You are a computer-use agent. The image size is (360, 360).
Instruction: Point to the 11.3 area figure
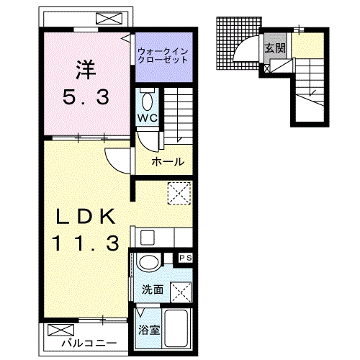(x=84, y=244)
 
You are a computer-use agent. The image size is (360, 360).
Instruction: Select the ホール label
(x=167, y=162)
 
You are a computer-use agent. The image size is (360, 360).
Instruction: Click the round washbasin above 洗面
(x=150, y=263)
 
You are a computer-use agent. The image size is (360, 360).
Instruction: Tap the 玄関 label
(x=274, y=49)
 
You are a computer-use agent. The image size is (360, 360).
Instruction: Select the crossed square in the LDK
(x=177, y=192)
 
